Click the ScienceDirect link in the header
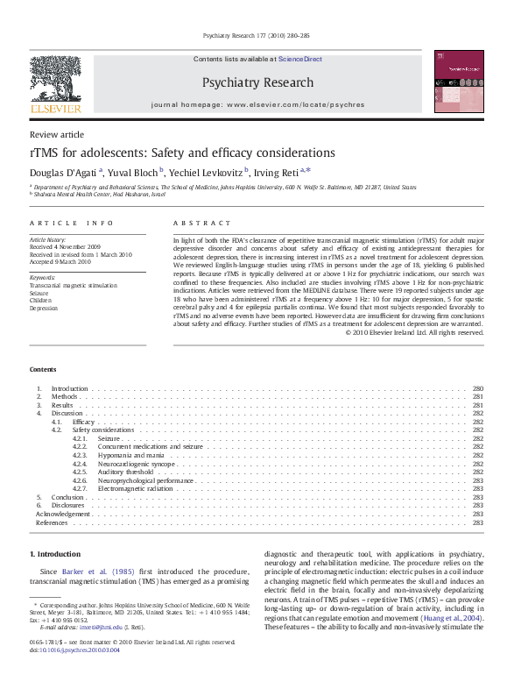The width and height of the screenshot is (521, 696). [299, 60]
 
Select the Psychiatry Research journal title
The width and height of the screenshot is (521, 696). [257, 82]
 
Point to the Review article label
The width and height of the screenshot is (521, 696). [57, 134]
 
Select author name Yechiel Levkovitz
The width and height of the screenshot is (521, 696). [208, 172]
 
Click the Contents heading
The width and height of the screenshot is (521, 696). [43, 370]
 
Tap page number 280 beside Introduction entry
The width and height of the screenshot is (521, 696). [477, 388]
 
